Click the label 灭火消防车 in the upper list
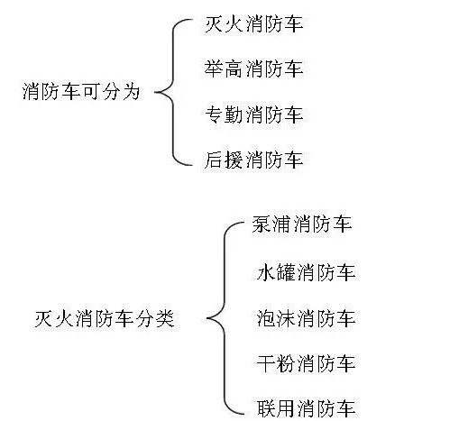[253, 24]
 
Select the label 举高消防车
[253, 69]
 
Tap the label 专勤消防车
[253, 114]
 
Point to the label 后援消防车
[253, 160]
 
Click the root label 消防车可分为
[81, 91]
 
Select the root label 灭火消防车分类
[105, 318]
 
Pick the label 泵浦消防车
[302, 224]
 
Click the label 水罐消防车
[306, 272]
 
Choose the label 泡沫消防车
[306, 318]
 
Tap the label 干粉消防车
[306, 363]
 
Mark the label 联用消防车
[306, 408]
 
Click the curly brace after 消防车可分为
[173, 92]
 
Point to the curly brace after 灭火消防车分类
[225, 318]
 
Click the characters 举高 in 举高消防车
[224, 69]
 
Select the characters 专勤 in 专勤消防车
[224, 114]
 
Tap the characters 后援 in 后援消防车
[224, 160]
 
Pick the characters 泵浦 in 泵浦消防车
[271, 224]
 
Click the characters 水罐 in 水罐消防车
[276, 272]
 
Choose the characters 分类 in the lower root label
[155, 318]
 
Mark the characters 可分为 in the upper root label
[111, 91]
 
